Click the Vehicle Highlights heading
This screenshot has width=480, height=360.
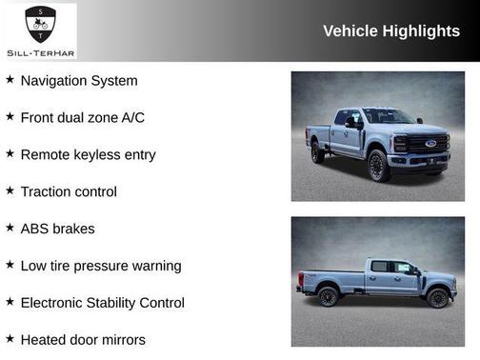[x=390, y=30]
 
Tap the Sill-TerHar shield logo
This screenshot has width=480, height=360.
[x=39, y=21]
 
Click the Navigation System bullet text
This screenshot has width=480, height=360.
[x=79, y=81]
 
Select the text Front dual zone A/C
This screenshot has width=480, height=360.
[x=82, y=118]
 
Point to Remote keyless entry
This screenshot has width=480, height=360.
[x=88, y=154]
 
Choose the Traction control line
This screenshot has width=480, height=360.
[x=69, y=191]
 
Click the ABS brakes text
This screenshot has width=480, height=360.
[x=57, y=229]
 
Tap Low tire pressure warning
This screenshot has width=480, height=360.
[x=100, y=266]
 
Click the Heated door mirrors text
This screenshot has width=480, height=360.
[x=83, y=339]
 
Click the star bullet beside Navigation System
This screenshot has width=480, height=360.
[x=10, y=80]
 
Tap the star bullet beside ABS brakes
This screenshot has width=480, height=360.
[x=10, y=228]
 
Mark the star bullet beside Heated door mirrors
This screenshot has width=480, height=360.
[x=10, y=338]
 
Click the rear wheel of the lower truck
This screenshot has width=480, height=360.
[x=329, y=296]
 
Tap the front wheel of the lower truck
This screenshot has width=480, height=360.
[x=437, y=297]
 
